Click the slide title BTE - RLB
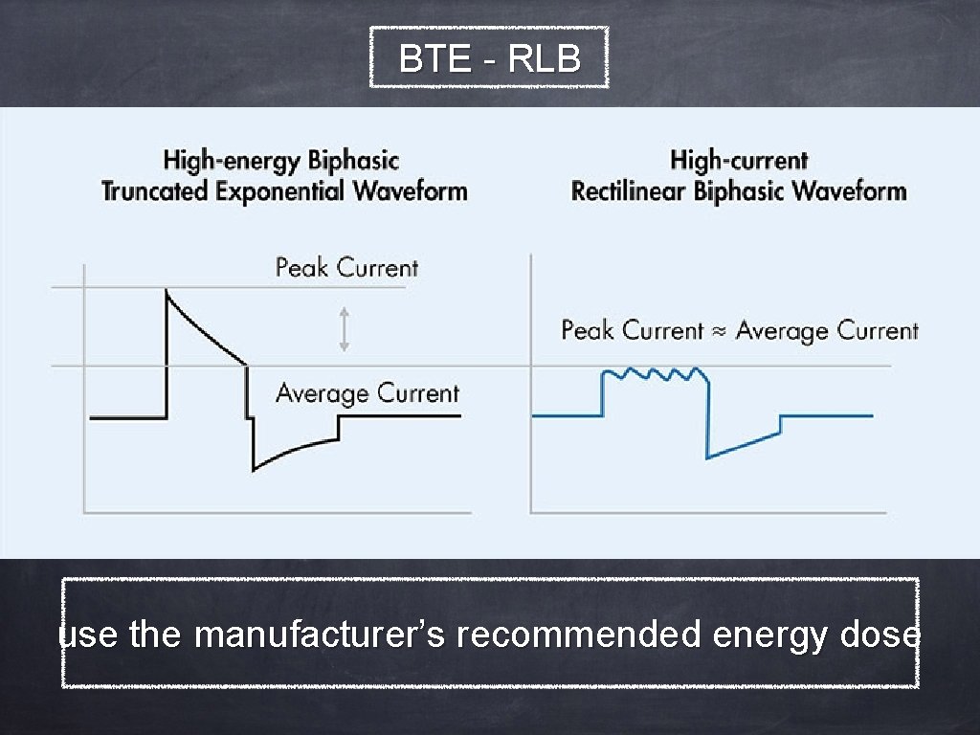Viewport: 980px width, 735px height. tap(489, 59)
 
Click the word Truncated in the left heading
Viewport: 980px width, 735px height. tap(155, 190)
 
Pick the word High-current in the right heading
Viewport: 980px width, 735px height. tap(739, 161)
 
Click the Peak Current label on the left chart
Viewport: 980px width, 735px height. tap(346, 267)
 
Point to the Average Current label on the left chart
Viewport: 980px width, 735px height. tap(367, 392)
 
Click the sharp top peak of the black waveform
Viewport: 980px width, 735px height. tap(167, 291)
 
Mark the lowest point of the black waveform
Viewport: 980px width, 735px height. tap(254, 470)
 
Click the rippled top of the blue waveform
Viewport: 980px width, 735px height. tap(656, 371)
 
